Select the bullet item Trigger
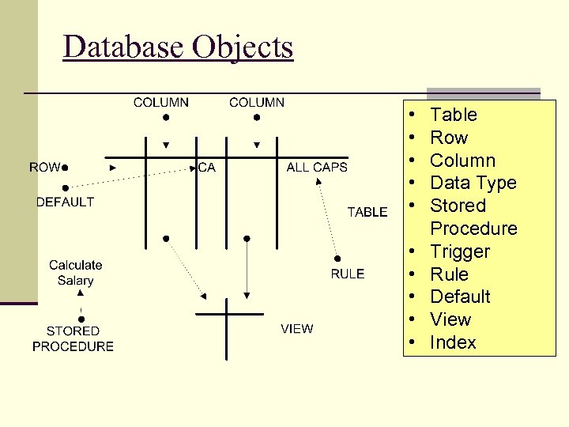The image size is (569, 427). click(460, 251)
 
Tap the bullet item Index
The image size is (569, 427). click(453, 342)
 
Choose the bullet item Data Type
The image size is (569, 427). click(473, 183)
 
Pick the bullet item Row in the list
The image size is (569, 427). click(449, 138)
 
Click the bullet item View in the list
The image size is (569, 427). click(450, 319)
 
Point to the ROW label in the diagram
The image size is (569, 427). click(44, 167)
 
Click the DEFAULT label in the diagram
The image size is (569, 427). click(65, 202)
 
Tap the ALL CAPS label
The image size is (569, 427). click(317, 167)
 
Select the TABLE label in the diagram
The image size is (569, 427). click(367, 212)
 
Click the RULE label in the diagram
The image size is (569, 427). click(348, 274)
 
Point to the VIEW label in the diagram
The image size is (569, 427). click(296, 329)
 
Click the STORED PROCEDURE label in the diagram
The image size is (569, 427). click(73, 338)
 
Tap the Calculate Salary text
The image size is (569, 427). click(76, 273)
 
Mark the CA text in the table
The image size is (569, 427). click(206, 167)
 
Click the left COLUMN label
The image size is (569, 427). click(161, 102)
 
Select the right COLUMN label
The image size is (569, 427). click(257, 102)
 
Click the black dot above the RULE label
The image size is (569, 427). click(337, 258)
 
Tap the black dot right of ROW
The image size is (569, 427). click(66, 168)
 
